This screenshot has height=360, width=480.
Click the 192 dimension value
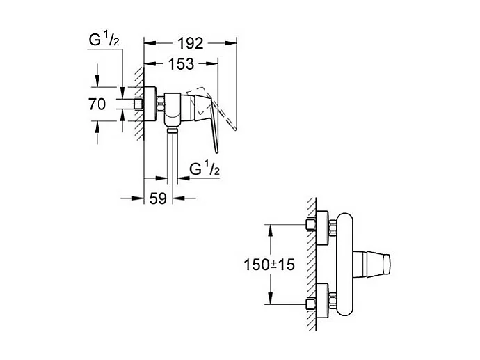(190, 43)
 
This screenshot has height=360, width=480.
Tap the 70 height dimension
(97, 105)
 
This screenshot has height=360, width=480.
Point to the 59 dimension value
(159, 198)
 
